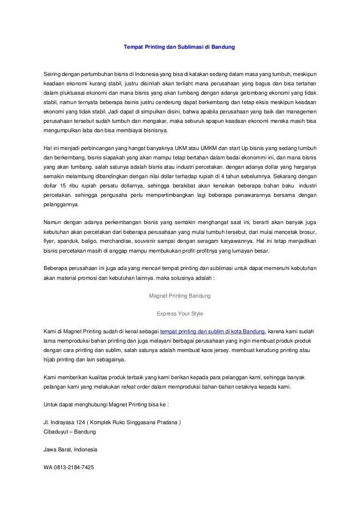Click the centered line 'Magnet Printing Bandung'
click(x=180, y=296)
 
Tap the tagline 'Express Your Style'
click(x=180, y=313)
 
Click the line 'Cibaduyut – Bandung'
click(x=69, y=431)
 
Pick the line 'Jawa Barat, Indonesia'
click(x=70, y=449)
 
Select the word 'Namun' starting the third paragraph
click(x=52, y=222)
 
